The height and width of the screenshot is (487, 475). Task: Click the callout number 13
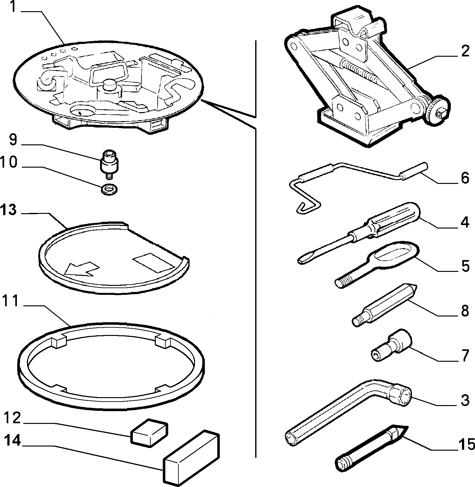9,210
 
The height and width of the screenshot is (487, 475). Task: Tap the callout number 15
467,444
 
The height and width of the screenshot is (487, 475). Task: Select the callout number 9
12,140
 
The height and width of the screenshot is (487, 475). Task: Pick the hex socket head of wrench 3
399,394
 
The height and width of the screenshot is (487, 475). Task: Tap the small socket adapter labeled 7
392,346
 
